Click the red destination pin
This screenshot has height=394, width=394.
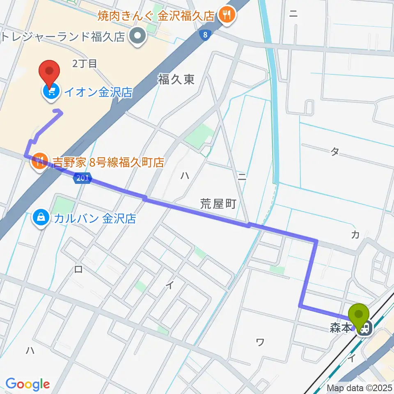49,71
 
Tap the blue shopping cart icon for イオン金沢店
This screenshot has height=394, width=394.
51,92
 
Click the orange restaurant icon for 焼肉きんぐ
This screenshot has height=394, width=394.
225,16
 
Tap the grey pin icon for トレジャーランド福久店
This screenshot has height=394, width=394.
137,37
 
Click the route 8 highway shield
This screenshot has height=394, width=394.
204,36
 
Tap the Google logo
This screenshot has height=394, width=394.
27,384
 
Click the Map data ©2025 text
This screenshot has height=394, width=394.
360,388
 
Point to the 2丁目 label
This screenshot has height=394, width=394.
85,64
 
